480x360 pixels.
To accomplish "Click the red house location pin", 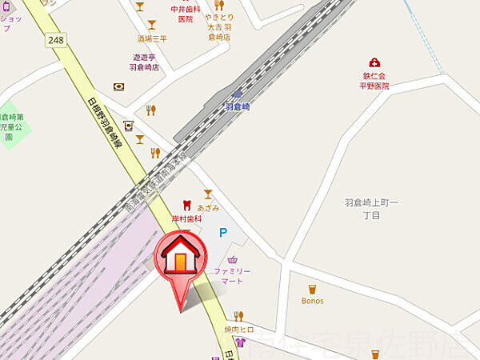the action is click(x=180, y=259).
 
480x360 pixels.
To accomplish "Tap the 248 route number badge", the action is click(x=55, y=39).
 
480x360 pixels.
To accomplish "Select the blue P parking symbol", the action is click(x=223, y=233).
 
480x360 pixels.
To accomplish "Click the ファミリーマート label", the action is click(x=232, y=277).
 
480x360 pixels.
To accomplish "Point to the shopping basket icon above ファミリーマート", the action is click(x=233, y=259).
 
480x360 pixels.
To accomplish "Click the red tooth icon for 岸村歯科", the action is click(x=187, y=206).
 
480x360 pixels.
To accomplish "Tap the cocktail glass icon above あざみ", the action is click(x=209, y=194).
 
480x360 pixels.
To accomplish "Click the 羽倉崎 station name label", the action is click(x=237, y=106).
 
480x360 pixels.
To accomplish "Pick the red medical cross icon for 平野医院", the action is click(x=374, y=62).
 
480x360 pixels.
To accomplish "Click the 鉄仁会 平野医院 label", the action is click(x=374, y=80).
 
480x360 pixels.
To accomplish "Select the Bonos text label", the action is click(x=313, y=301).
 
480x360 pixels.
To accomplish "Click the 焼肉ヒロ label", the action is click(x=238, y=330).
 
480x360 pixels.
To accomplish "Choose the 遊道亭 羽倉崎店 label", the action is click(x=146, y=62).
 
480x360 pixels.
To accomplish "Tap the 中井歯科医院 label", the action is click(x=182, y=14).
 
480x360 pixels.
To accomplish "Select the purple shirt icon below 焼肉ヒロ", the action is click(x=240, y=342).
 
